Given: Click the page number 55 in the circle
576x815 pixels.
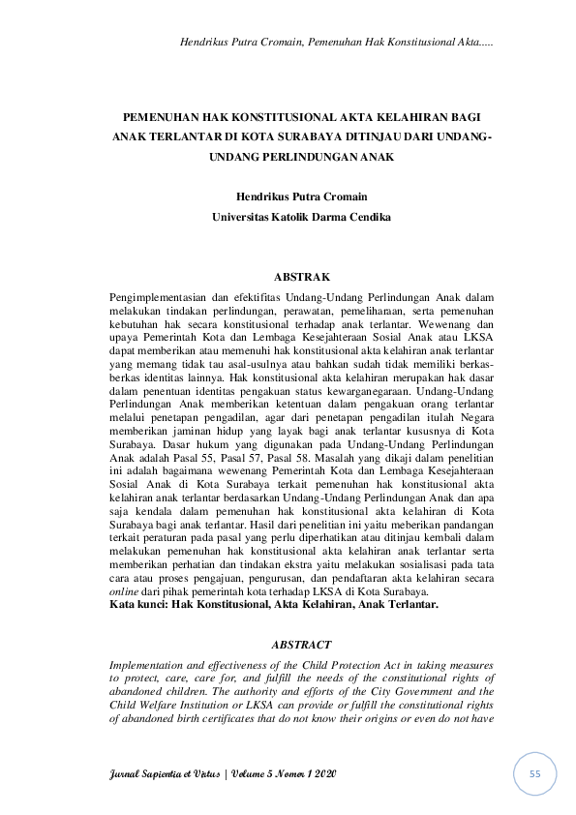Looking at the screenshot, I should [534, 775].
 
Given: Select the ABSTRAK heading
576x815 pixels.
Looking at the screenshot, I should [304, 277].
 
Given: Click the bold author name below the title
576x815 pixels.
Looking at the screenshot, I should [302, 196].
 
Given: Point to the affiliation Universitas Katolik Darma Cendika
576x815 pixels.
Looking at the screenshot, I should [302, 218].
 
